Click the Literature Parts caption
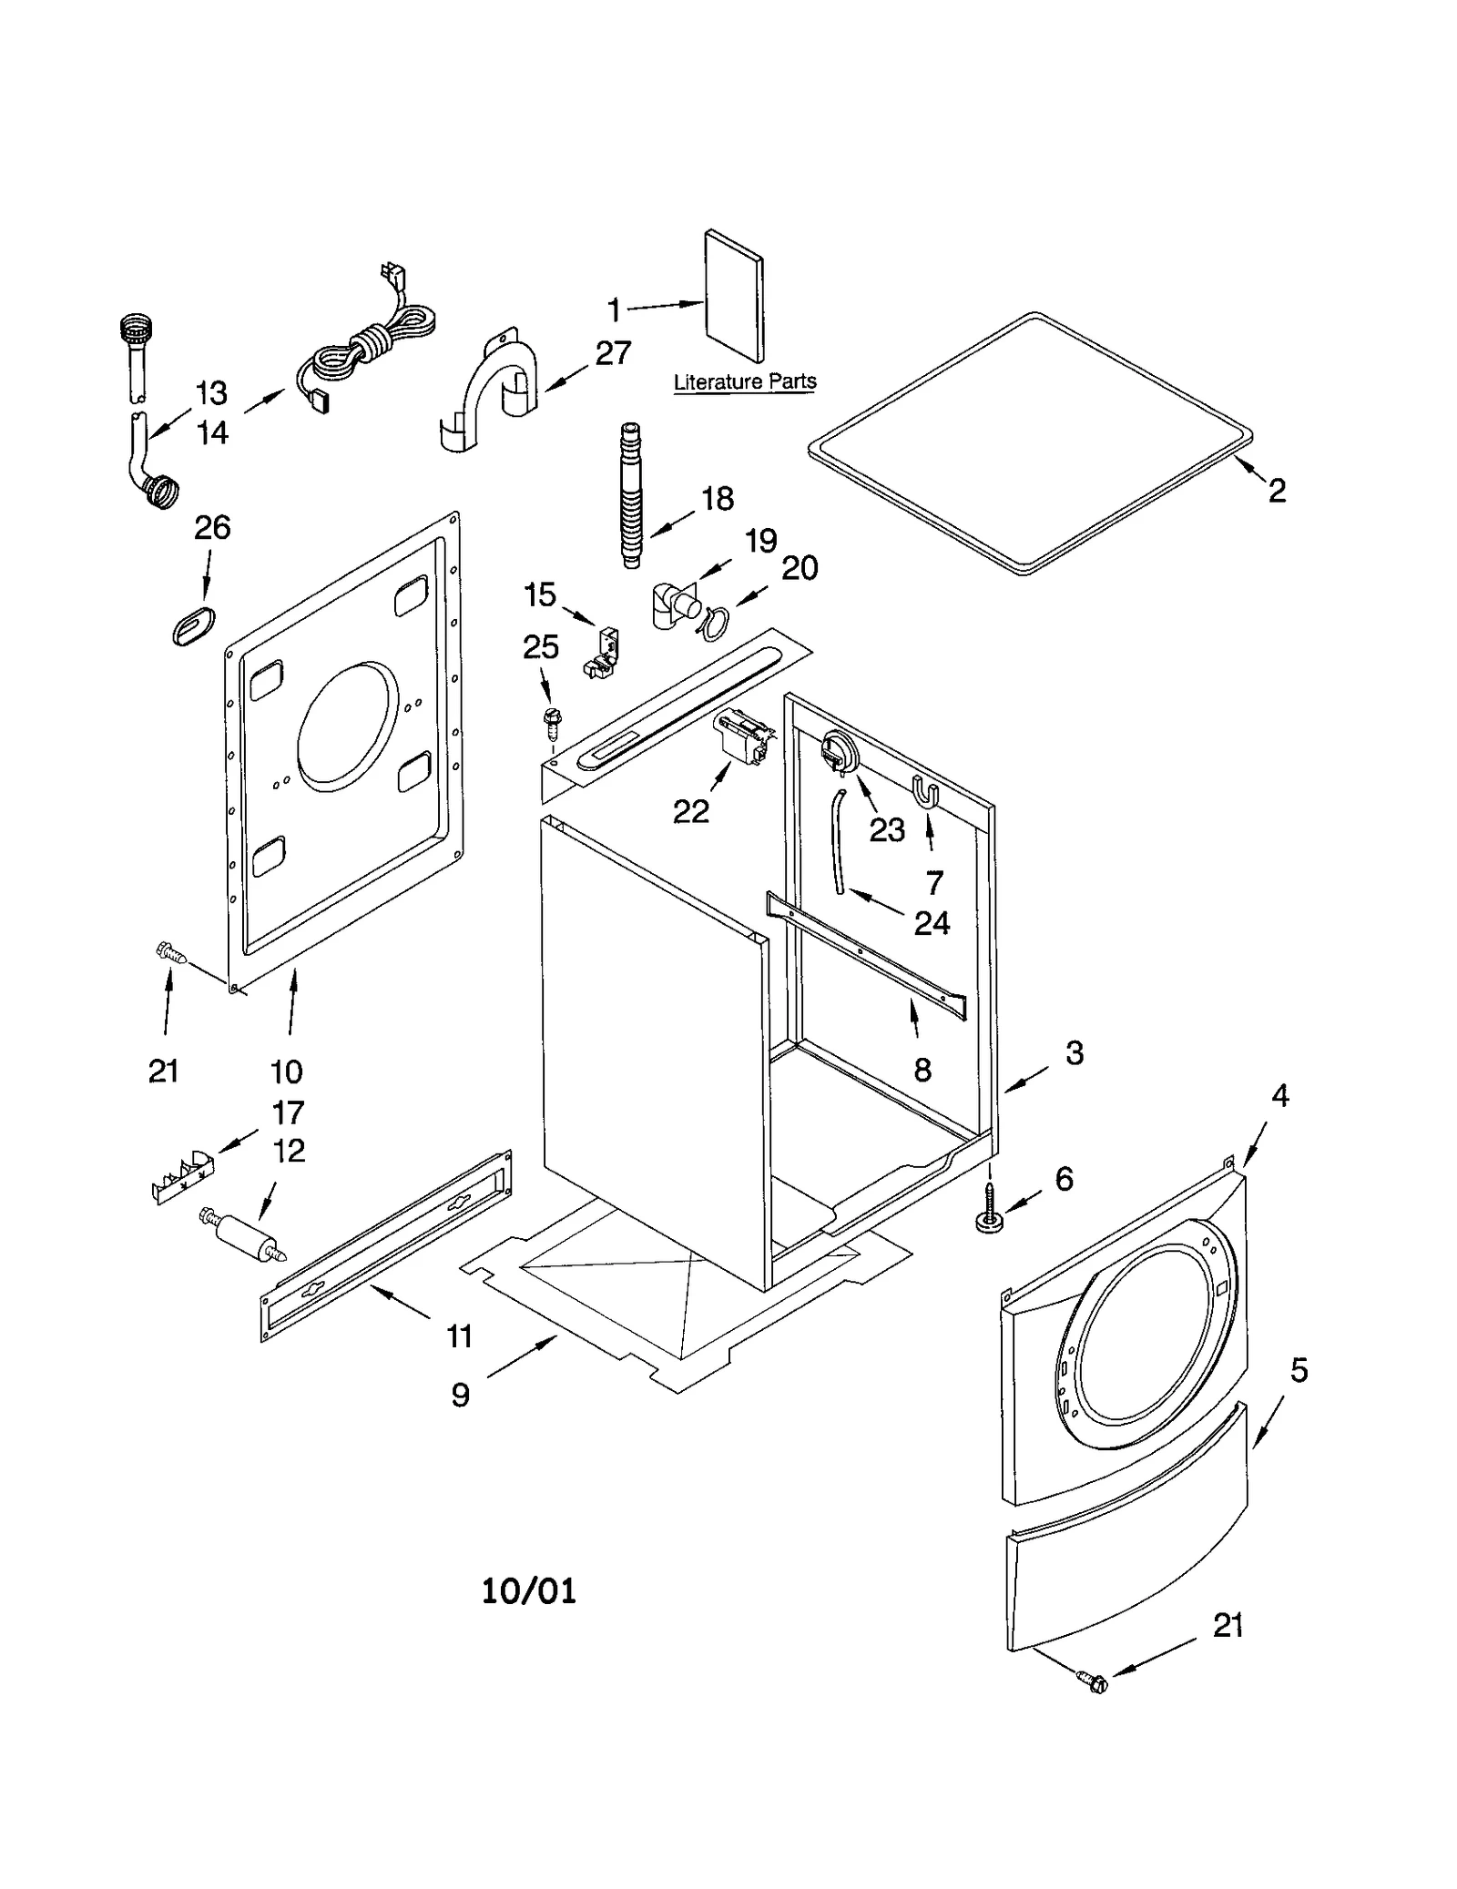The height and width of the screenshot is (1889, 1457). [x=744, y=381]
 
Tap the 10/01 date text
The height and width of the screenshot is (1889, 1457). [x=528, y=1590]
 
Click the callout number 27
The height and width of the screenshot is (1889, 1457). [x=613, y=353]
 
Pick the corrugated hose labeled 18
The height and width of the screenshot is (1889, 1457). [x=630, y=495]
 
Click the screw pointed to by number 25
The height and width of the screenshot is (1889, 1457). [x=550, y=719]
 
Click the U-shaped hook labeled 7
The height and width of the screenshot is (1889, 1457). [x=925, y=791]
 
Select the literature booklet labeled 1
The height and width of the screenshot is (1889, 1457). [x=734, y=294]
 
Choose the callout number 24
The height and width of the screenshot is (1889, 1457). [x=932, y=923]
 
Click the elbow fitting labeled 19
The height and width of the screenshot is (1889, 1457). [x=674, y=604]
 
